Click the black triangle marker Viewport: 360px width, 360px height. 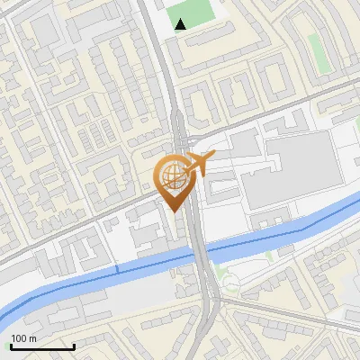click(x=181, y=24)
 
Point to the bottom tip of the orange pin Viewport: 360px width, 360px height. click(x=174, y=211)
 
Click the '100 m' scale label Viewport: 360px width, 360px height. click(x=24, y=337)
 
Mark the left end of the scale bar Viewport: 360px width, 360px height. click(x=11, y=346)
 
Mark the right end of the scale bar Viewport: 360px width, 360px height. click(x=74, y=346)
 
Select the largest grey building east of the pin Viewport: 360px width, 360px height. click(x=287, y=171)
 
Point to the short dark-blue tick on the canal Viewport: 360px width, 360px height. click(x=117, y=269)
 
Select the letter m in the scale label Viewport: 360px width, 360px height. click(x=33, y=338)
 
